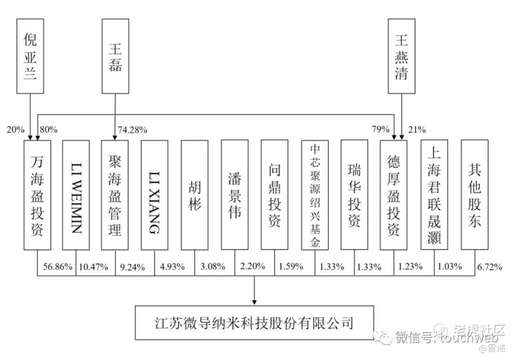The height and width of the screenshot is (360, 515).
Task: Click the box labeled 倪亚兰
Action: (x=30, y=56)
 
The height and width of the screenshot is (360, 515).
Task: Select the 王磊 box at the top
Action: (x=115, y=56)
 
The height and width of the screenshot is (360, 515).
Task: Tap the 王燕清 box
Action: (x=401, y=56)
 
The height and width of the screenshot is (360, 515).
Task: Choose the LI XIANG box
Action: (x=154, y=195)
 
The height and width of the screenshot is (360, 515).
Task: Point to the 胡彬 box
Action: (x=195, y=195)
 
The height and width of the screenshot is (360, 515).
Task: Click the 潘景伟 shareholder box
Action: (x=235, y=195)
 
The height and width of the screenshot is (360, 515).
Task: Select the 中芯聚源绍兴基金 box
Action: (x=315, y=195)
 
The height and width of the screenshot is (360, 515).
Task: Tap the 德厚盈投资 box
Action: (x=394, y=195)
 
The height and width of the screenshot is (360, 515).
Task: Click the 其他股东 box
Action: (x=474, y=195)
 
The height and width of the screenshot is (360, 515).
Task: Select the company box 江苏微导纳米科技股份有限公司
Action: (x=255, y=323)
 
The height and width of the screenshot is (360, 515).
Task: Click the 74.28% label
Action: (x=132, y=130)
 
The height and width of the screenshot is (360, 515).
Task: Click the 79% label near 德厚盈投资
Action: (x=381, y=130)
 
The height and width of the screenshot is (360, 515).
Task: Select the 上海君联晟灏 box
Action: (x=434, y=195)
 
